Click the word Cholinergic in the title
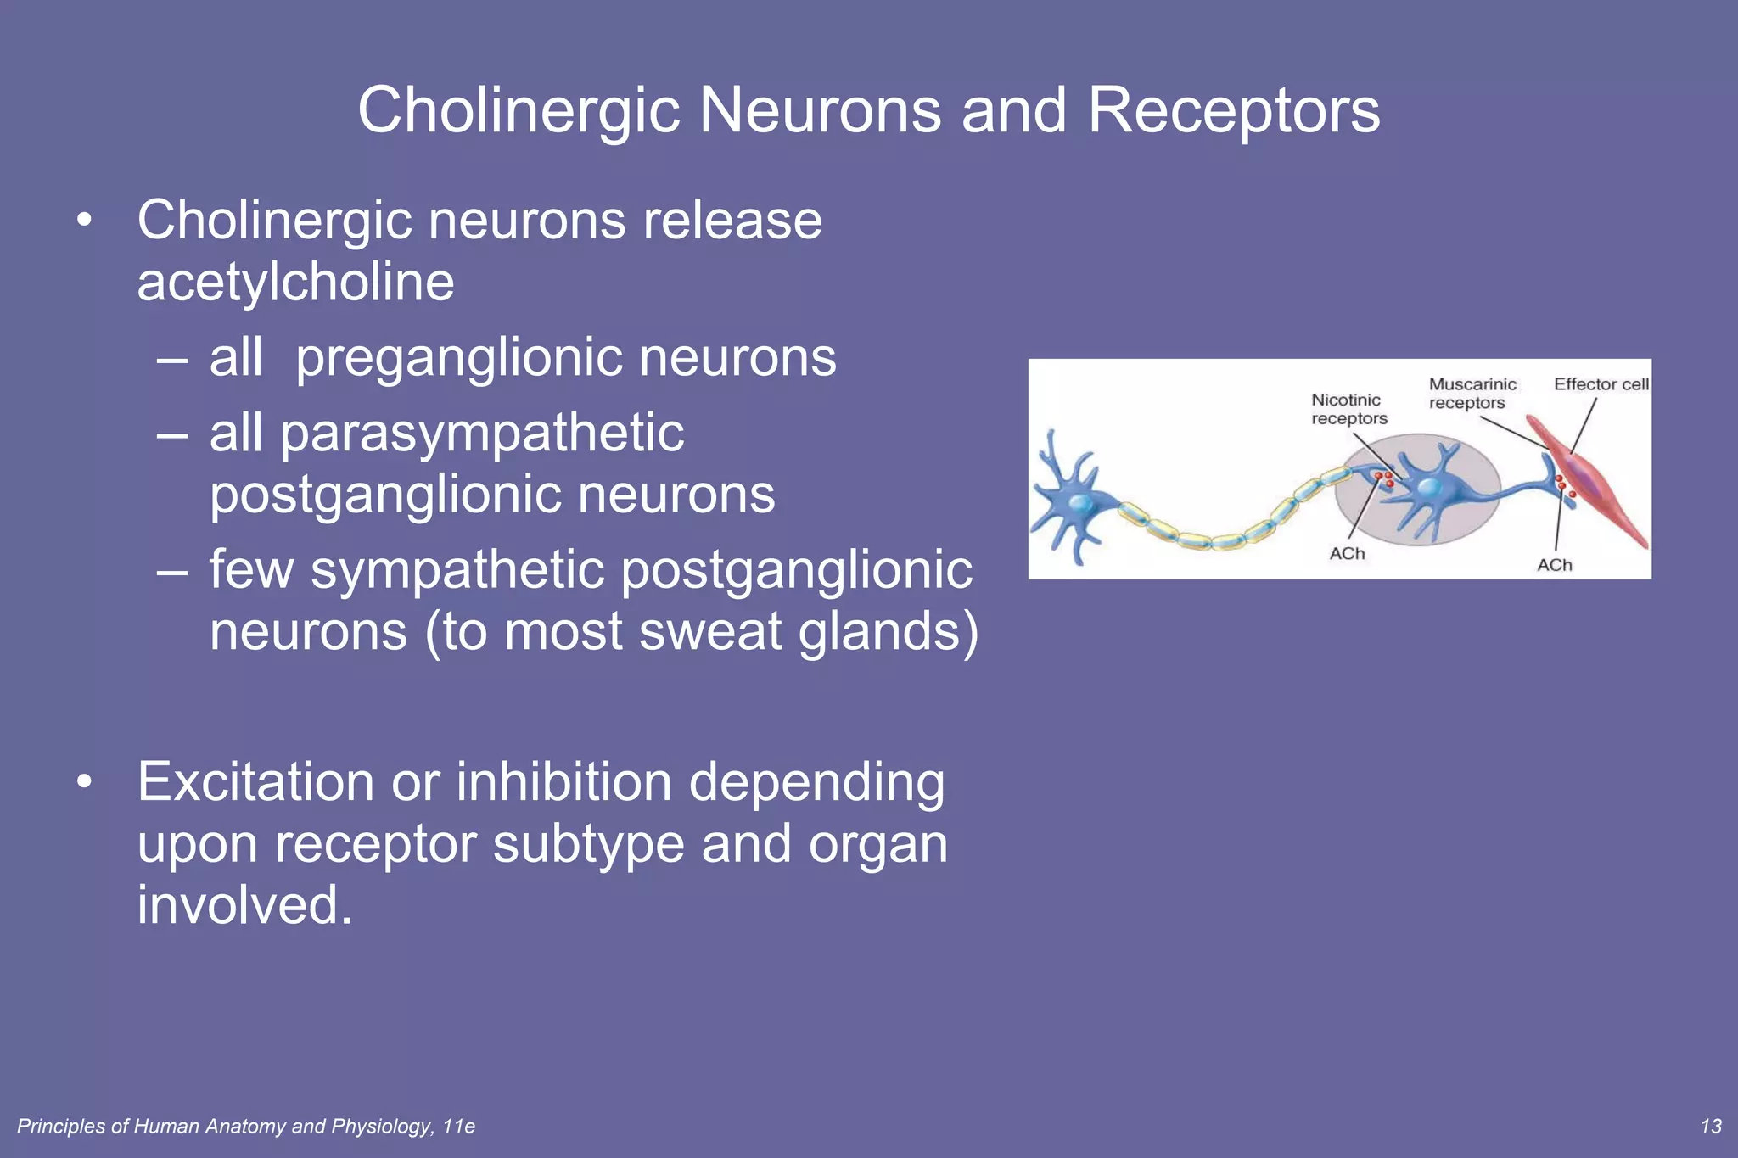(519, 111)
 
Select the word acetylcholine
(295, 283)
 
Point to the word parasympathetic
(481, 434)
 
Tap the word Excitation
(255, 781)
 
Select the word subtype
(588, 844)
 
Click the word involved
(244, 905)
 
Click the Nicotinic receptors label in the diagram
(1348, 409)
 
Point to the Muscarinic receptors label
(1472, 394)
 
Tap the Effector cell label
(1601, 384)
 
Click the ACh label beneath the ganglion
(1347, 554)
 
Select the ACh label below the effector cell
(1554, 565)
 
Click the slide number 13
(1711, 1126)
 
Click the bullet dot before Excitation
(83, 782)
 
